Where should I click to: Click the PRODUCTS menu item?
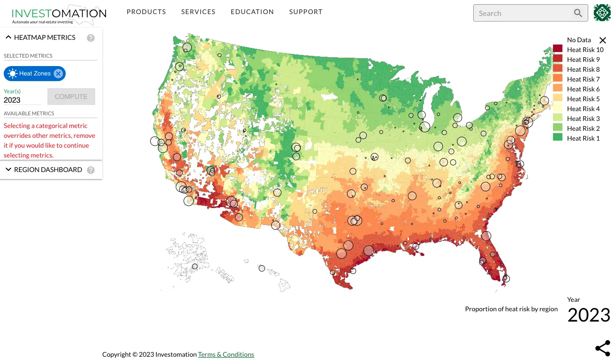(x=146, y=12)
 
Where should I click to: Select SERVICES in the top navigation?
(x=198, y=12)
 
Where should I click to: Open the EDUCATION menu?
(x=252, y=12)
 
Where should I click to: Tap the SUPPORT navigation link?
(x=305, y=12)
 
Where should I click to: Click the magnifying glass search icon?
(x=578, y=13)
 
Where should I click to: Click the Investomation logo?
(x=59, y=15)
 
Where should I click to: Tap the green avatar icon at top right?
(x=602, y=13)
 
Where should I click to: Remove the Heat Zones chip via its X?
(x=58, y=74)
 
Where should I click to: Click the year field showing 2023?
(x=22, y=100)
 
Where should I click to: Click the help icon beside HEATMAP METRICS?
(x=91, y=38)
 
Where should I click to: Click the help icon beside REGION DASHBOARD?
(x=91, y=170)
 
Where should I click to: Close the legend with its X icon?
(x=603, y=40)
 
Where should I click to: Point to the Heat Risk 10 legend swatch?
(x=558, y=50)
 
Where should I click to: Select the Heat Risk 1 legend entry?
(x=583, y=138)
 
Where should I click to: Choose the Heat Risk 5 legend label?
(x=583, y=99)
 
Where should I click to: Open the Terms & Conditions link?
(x=226, y=354)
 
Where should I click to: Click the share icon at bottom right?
(x=602, y=348)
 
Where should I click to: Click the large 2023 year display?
(x=588, y=315)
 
